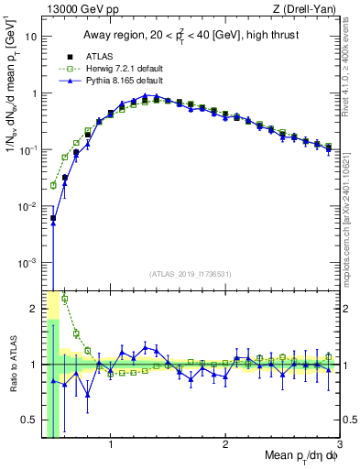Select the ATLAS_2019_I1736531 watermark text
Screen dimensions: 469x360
pos(191,274)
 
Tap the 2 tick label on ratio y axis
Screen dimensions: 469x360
pos(33,309)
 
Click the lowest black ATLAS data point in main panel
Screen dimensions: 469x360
pos(53,219)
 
